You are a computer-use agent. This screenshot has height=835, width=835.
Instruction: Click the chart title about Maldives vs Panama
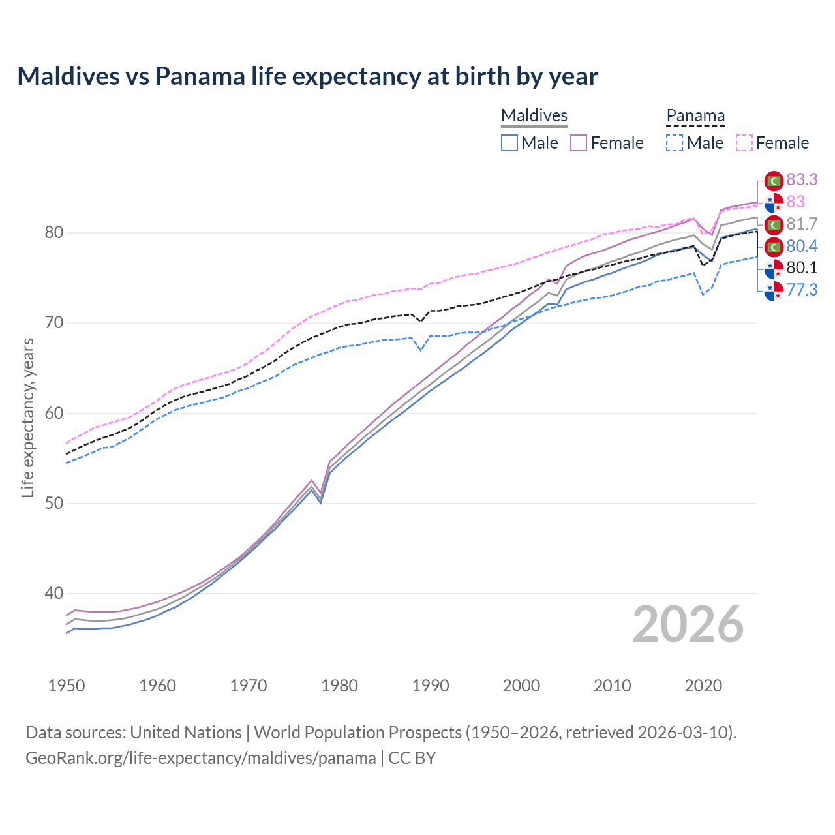[307, 76]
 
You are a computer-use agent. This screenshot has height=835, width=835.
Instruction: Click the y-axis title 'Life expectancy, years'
[27, 417]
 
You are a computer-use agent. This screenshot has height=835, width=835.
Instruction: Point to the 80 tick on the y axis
[53, 233]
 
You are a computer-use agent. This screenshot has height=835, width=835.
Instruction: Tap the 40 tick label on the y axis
[53, 594]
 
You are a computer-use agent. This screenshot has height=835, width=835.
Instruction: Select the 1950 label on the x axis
[67, 686]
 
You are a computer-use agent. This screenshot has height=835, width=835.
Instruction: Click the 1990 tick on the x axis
[431, 686]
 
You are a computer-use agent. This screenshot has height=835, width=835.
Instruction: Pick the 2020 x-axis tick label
[703, 686]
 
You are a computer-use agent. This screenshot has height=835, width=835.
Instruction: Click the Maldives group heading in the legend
[534, 116]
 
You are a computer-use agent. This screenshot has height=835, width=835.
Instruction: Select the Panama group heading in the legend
[695, 116]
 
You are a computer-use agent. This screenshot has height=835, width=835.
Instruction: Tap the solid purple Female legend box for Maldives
[579, 143]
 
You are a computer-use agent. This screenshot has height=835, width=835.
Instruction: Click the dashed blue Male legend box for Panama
[675, 143]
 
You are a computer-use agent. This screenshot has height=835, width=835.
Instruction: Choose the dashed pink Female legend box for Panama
[744, 143]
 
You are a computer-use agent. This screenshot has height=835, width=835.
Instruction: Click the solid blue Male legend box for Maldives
[509, 143]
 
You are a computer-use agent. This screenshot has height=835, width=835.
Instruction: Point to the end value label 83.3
[802, 179]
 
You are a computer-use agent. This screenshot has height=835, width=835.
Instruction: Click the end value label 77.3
[802, 290]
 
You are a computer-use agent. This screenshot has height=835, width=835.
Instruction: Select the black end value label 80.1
[802, 268]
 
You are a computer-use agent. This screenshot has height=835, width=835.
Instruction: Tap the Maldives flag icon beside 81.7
[774, 224]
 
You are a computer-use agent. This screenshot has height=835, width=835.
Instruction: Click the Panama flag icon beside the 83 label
[774, 202]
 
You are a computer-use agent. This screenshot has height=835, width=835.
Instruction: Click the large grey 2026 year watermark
[688, 624]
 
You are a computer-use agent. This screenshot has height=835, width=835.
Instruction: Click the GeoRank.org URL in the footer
[201, 758]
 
